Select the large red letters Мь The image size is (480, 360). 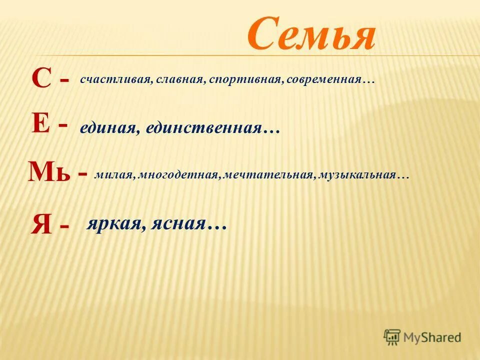point(49,172)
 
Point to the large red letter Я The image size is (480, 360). point(41,223)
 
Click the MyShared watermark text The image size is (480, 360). point(432,337)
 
